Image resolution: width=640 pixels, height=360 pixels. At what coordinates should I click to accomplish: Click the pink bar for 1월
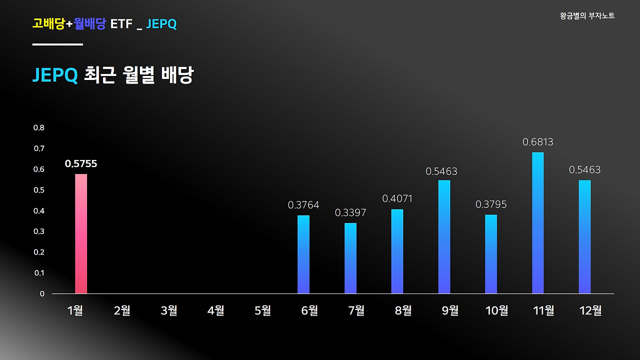coord(81,233)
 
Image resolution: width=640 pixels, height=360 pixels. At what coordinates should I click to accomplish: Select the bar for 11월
coord(537,223)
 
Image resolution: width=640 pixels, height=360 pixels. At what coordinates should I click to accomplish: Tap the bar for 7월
coord(350,258)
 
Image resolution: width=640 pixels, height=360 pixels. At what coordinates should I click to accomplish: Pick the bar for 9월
coord(444,236)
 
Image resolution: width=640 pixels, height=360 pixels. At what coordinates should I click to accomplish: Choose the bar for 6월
coord(303,254)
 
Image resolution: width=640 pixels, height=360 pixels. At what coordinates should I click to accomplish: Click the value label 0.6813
coord(538,142)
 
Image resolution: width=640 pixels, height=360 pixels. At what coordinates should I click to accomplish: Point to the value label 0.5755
coord(81,163)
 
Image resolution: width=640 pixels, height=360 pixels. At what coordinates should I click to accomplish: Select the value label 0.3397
coord(350,213)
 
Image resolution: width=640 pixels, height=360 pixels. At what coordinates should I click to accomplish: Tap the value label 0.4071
coord(397,198)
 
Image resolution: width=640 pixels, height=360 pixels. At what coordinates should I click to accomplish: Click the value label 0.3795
coord(491,204)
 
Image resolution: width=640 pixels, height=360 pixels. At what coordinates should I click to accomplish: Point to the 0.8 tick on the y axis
coord(39,127)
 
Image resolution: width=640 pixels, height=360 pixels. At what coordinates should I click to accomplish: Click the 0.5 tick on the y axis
coord(39,190)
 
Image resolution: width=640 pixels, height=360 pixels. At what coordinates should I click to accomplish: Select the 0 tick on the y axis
coord(42,293)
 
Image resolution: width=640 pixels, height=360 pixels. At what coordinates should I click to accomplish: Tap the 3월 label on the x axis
coord(169,310)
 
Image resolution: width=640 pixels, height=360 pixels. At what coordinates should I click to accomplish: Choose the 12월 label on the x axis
coord(590,310)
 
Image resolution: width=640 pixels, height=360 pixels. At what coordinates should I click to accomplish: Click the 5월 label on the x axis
coord(263,310)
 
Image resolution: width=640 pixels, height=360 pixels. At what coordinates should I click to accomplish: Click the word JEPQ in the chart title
coord(55,75)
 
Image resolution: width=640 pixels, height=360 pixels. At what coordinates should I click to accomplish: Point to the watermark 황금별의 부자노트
coord(587,16)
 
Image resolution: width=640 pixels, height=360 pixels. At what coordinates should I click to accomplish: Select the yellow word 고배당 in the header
coord(48,23)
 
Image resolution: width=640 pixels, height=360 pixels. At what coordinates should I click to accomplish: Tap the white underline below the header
coord(57,44)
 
